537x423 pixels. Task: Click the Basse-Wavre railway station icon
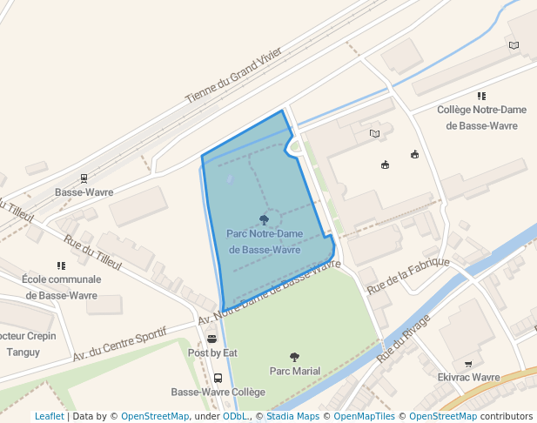(x=84, y=177)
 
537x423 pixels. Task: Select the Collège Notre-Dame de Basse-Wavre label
(x=481, y=117)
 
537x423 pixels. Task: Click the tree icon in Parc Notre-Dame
(x=265, y=219)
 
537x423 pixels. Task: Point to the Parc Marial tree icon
(x=294, y=357)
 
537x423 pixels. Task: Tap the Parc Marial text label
(x=294, y=371)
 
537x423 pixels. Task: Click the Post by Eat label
(x=212, y=352)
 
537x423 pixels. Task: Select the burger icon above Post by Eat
(x=211, y=339)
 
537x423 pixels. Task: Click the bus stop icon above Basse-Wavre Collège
(x=218, y=379)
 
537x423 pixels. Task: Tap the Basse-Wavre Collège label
(x=218, y=393)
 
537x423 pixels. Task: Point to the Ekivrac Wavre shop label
(x=468, y=378)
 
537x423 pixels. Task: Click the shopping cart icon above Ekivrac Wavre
(x=468, y=364)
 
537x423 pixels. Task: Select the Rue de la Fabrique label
(x=408, y=274)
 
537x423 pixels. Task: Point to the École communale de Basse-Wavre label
(x=61, y=287)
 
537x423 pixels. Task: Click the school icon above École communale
(x=61, y=265)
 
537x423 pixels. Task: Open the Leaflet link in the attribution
(x=49, y=417)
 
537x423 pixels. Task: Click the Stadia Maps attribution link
(x=292, y=417)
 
